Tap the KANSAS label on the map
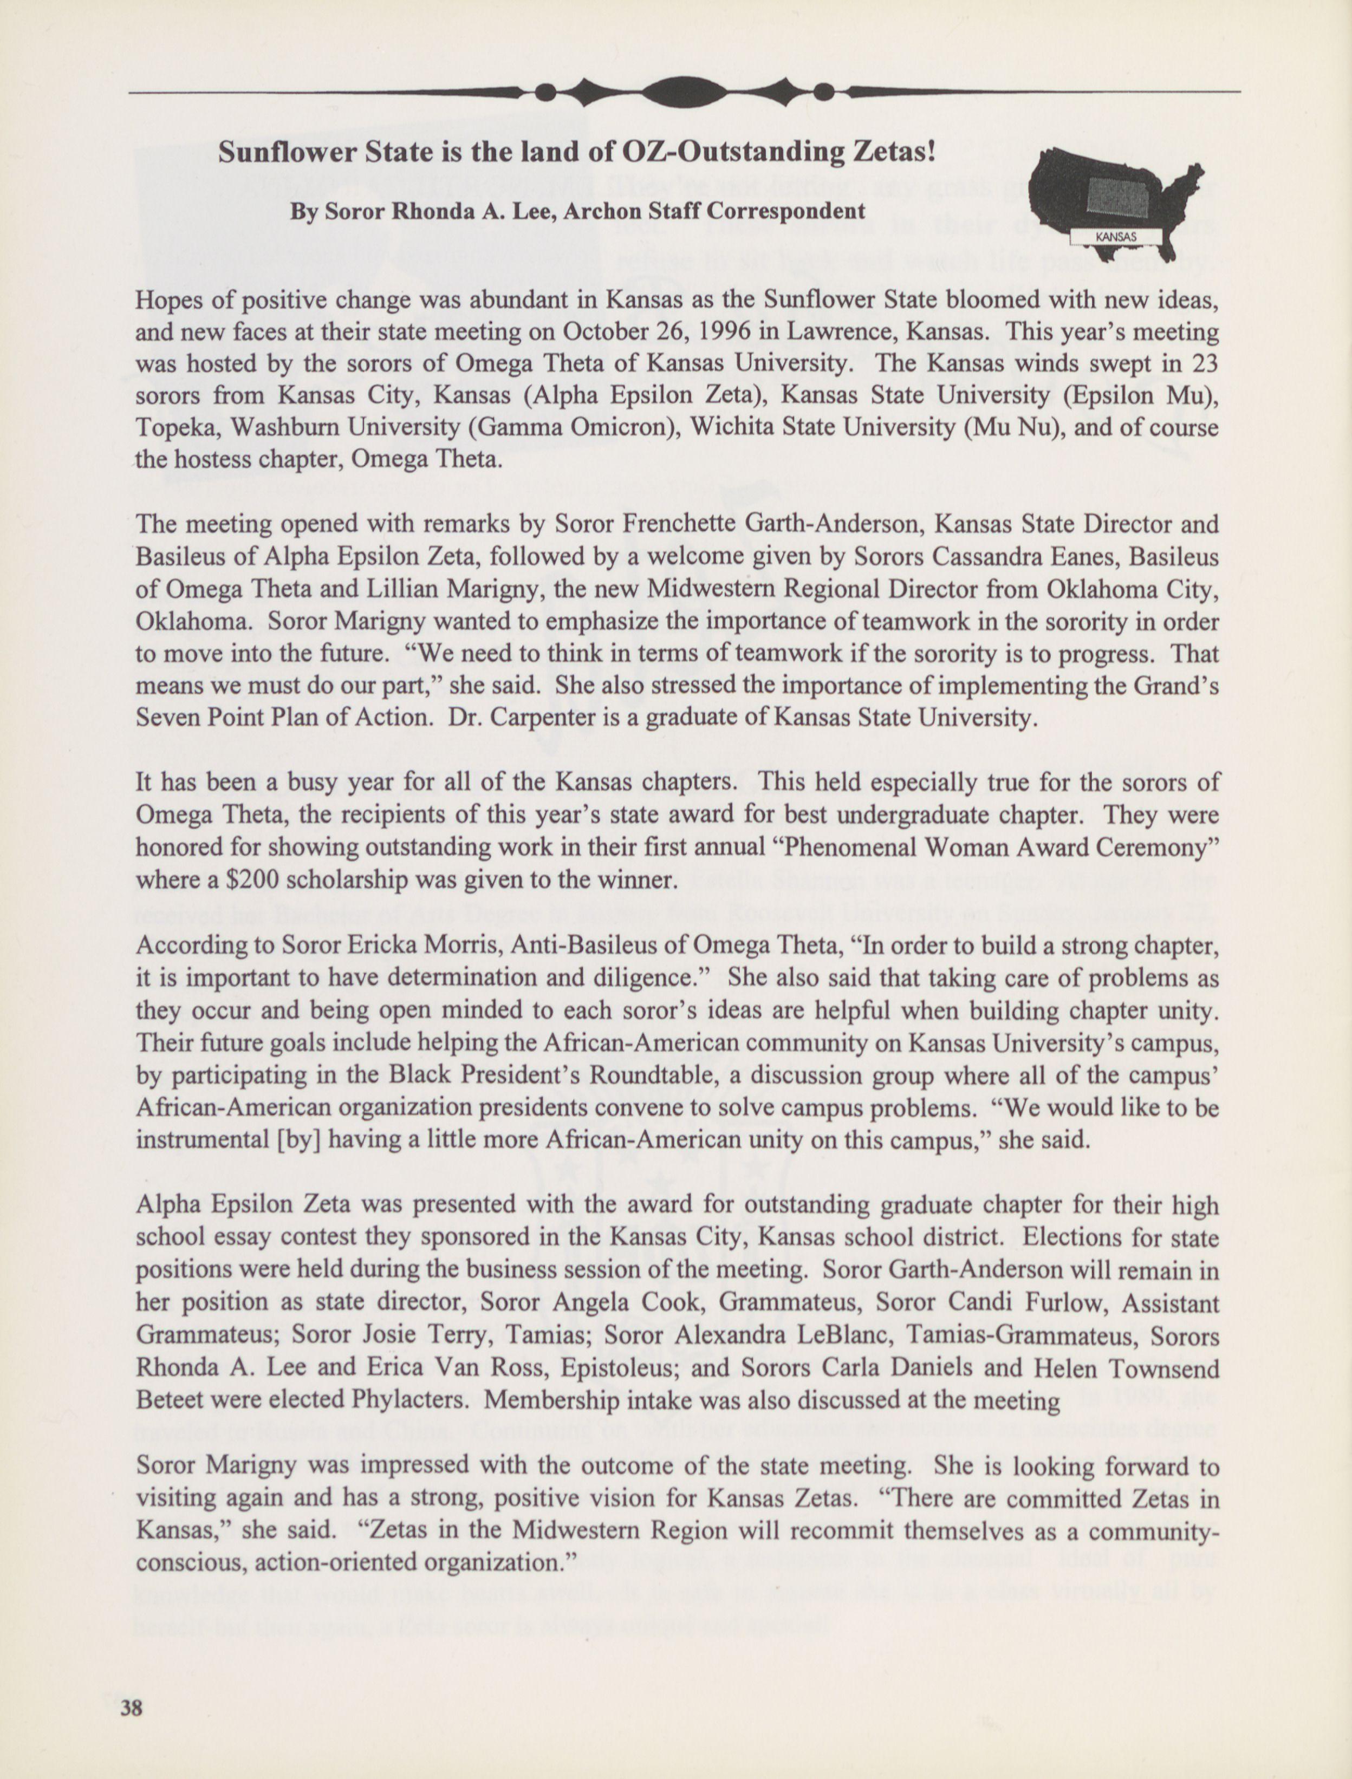click(x=1115, y=237)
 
